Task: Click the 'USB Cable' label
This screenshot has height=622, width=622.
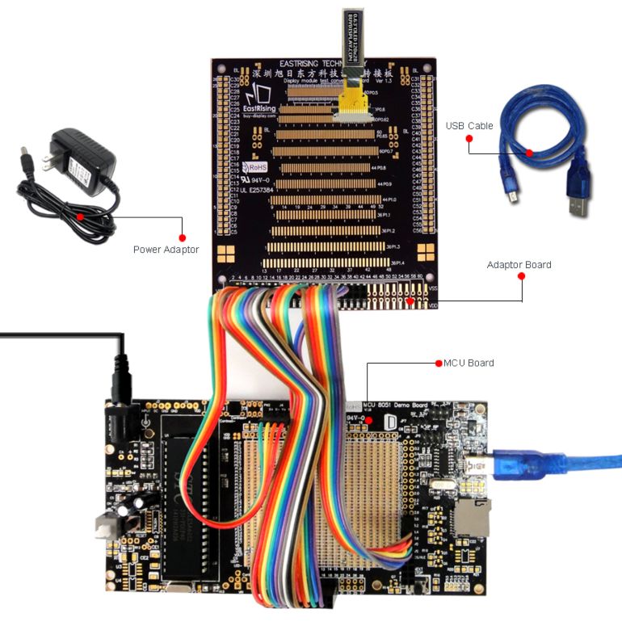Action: [469, 126]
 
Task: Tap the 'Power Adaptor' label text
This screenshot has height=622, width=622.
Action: [166, 250]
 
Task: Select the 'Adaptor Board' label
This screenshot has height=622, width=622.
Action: [519, 264]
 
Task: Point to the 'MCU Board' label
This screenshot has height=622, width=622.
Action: [469, 363]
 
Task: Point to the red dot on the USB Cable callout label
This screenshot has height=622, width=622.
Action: [469, 138]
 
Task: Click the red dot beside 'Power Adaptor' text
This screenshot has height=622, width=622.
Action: [182, 237]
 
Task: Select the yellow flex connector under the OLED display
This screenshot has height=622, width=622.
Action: [351, 102]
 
